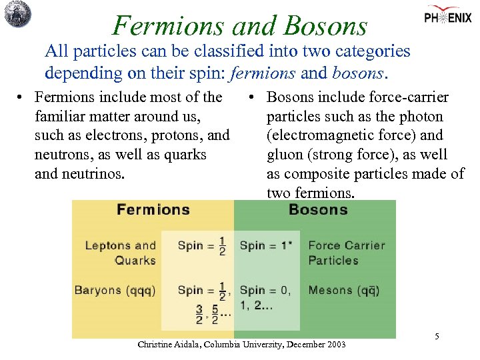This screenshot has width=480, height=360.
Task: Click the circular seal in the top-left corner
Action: (x=17, y=15)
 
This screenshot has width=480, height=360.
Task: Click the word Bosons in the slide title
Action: (x=325, y=25)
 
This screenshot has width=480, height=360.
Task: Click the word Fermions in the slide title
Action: (x=159, y=25)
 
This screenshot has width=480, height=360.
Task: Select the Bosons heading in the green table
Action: (x=318, y=210)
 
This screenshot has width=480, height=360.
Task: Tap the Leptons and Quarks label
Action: (x=121, y=253)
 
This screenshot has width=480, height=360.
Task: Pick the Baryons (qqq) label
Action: (x=115, y=290)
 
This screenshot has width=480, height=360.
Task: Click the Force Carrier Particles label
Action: (x=346, y=253)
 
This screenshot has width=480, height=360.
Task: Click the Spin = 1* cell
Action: (x=265, y=245)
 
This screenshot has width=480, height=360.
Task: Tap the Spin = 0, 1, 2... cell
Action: (x=265, y=297)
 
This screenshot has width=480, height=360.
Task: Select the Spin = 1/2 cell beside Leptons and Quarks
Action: (x=201, y=245)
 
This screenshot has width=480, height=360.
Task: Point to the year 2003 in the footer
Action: (x=335, y=345)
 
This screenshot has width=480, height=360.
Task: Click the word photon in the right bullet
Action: (x=418, y=117)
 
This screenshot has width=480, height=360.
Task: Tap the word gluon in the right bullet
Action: (x=285, y=155)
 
